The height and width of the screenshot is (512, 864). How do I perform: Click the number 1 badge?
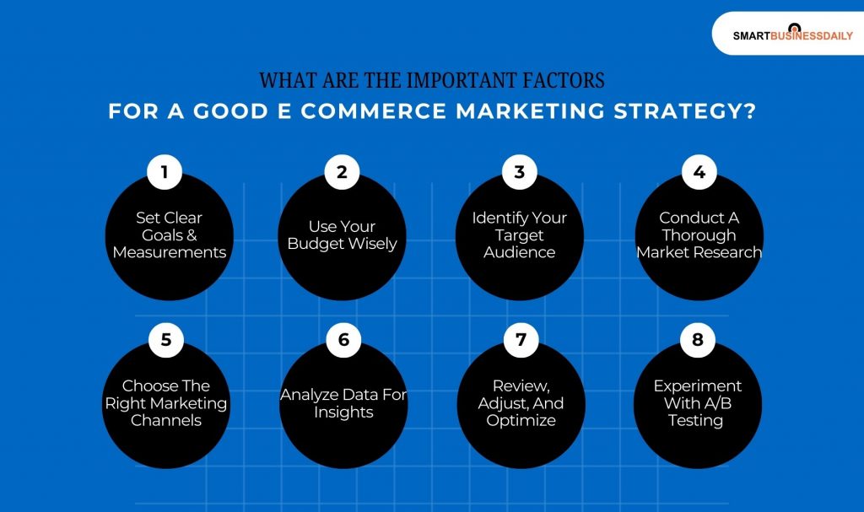(x=165, y=172)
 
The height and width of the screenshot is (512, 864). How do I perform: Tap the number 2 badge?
(x=342, y=172)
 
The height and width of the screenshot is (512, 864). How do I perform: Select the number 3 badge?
(x=519, y=172)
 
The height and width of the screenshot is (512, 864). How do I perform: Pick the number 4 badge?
(x=699, y=172)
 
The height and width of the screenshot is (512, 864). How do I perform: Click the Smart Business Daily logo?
(x=792, y=35)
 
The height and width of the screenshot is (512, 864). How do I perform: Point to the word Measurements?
(x=170, y=252)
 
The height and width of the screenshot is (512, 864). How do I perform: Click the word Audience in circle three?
(x=519, y=252)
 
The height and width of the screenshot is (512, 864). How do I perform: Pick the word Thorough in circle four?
(x=699, y=235)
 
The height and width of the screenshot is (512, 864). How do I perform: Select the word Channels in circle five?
(x=165, y=420)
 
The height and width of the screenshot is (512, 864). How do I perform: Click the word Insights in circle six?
(x=343, y=412)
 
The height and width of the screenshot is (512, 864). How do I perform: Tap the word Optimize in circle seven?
(x=521, y=420)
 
